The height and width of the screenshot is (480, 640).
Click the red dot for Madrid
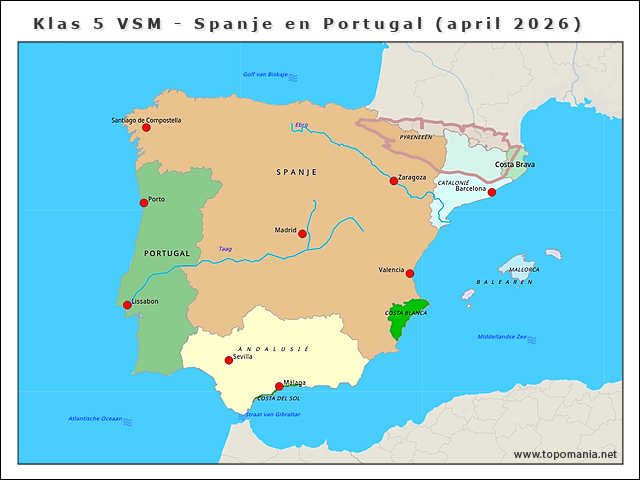(303, 233)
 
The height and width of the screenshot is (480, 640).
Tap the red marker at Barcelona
(491, 192)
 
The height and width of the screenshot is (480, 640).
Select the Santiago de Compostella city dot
(146, 127)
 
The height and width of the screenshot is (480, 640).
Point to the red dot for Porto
(144, 202)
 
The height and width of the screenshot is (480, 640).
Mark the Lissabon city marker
(127, 305)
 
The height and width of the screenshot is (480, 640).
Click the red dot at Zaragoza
(394, 181)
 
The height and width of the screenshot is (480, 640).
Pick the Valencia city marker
(409, 273)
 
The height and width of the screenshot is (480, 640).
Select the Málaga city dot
(279, 386)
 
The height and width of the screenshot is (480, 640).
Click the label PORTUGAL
(166, 253)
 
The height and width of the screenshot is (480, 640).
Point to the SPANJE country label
(296, 172)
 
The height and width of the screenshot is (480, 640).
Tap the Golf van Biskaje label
(265, 74)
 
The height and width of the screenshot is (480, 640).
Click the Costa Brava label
(515, 164)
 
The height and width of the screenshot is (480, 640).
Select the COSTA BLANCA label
(406, 313)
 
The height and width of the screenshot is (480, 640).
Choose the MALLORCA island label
(524, 269)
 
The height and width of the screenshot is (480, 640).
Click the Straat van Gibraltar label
(273, 414)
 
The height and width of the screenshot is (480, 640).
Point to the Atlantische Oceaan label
(95, 418)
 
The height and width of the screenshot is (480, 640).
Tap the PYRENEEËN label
(415, 136)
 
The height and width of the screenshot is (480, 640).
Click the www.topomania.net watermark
(565, 454)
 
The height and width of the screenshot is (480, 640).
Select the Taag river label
(225, 249)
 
